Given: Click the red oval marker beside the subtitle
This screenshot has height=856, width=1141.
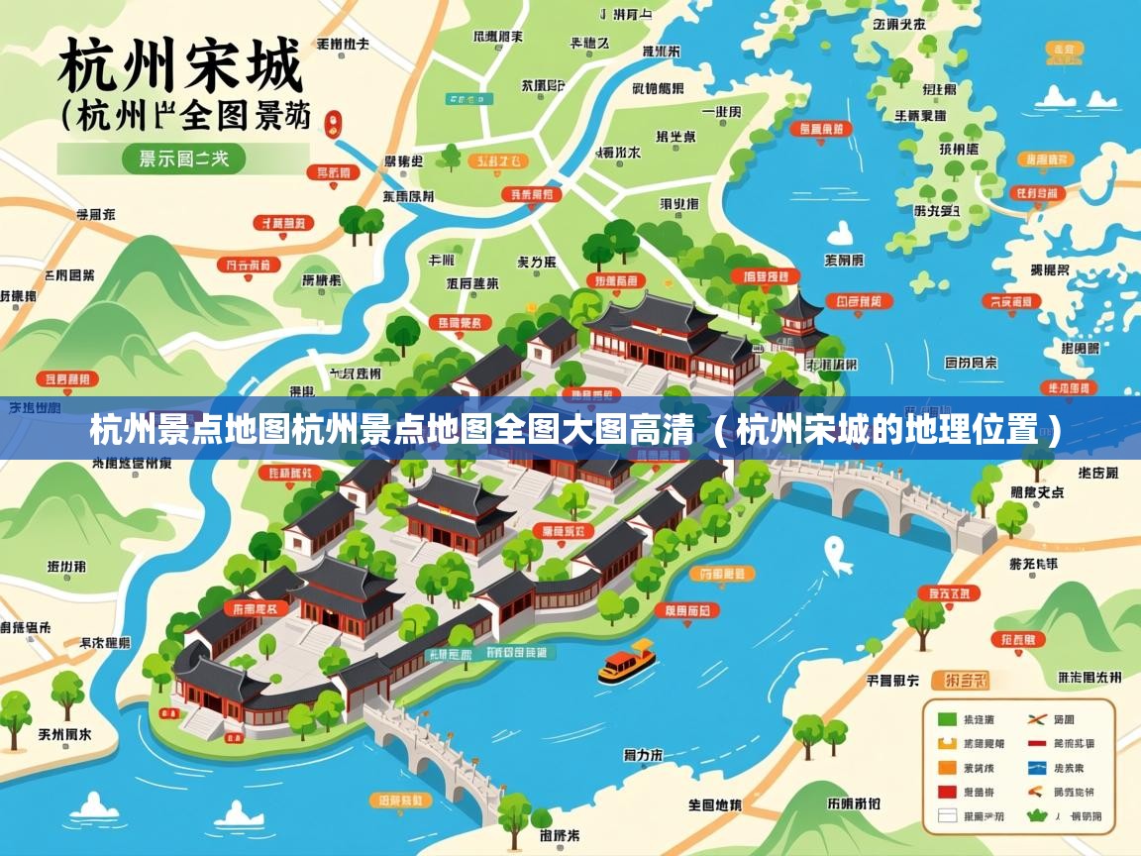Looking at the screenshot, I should click(x=333, y=123).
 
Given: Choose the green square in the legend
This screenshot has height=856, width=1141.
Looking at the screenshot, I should click(x=947, y=719).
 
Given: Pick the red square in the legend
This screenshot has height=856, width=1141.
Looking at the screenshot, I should click(x=947, y=792).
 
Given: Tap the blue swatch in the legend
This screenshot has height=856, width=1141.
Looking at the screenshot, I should click(x=1037, y=768).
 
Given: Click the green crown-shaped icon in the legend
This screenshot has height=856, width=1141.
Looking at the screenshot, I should click(x=1037, y=816).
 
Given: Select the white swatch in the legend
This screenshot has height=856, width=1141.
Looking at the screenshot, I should click(x=947, y=816).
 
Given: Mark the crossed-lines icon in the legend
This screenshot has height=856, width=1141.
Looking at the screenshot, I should click(x=1037, y=719).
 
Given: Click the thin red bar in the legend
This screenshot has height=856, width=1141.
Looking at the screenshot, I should click(x=1037, y=743).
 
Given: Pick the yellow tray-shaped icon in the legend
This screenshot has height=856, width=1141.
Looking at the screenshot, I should click(x=947, y=743).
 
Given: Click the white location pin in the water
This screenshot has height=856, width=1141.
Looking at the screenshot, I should click(x=837, y=553).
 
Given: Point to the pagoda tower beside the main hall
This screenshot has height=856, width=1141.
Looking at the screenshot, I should click(x=798, y=317).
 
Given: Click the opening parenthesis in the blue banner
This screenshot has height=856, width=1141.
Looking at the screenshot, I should click(x=722, y=431).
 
